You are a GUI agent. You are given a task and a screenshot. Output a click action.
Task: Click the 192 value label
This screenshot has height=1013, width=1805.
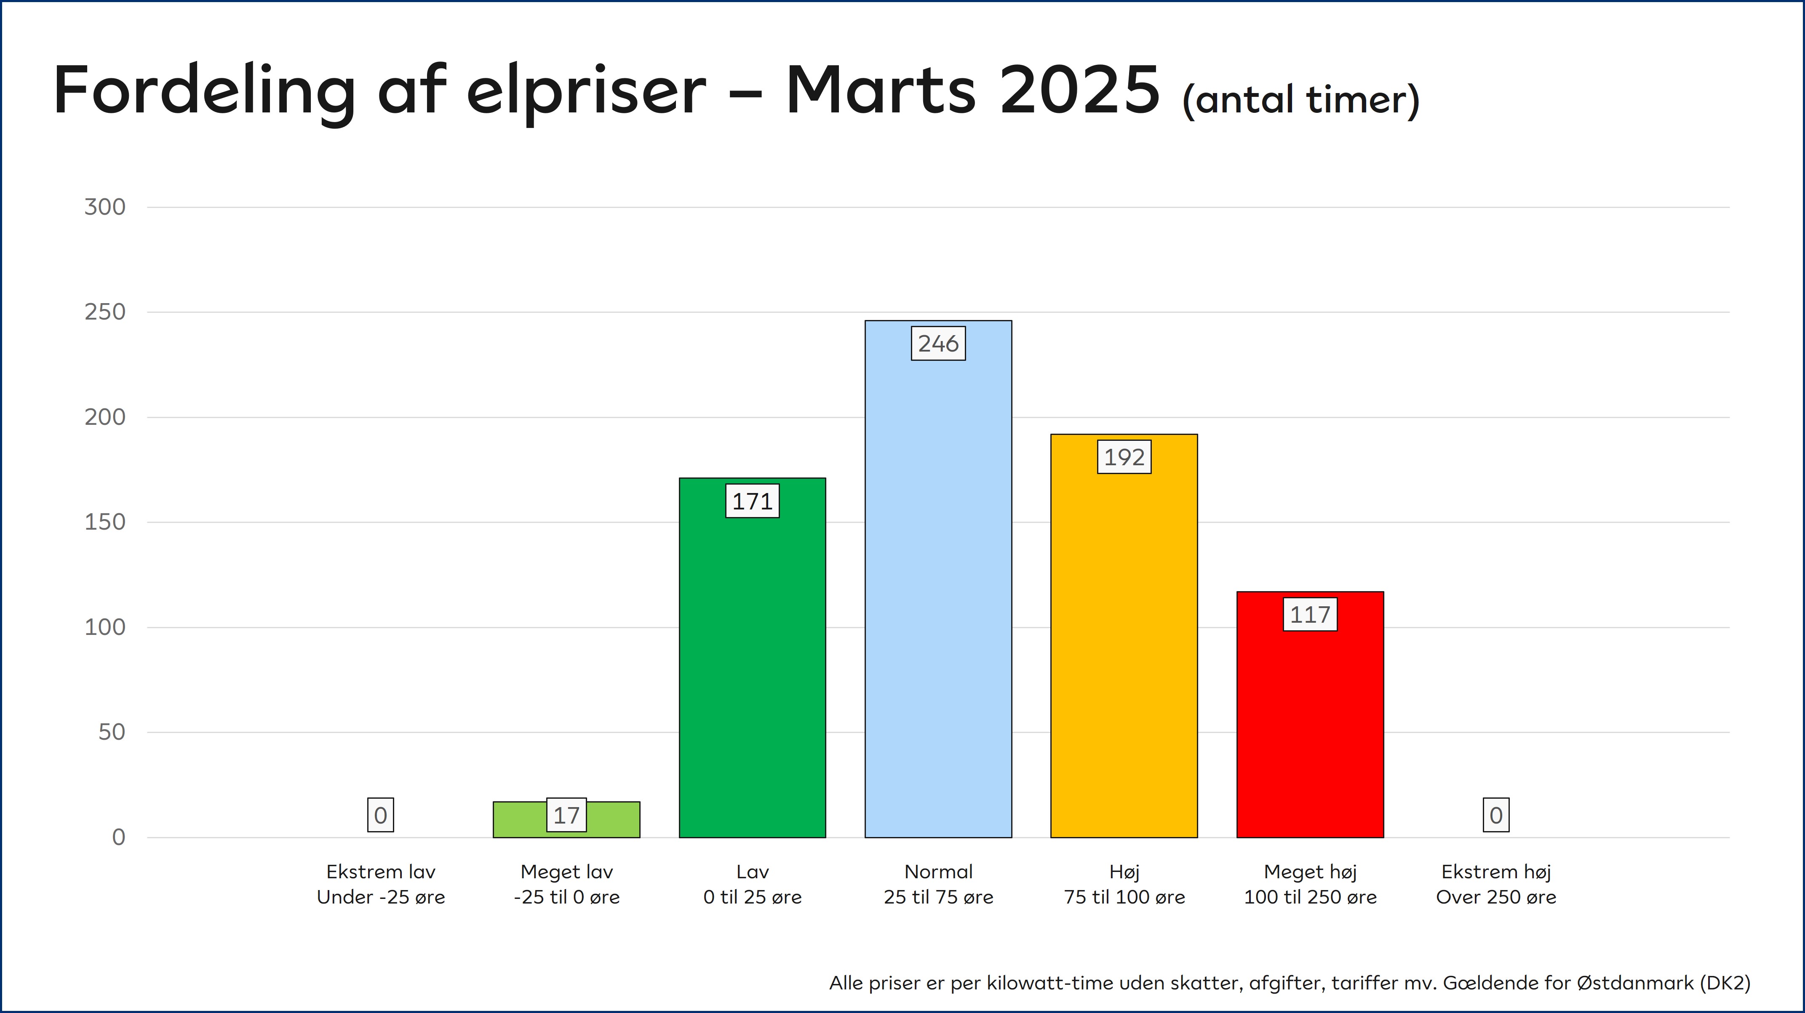click(1124, 457)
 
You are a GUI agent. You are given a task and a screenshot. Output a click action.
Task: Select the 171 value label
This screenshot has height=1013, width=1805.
click(752, 501)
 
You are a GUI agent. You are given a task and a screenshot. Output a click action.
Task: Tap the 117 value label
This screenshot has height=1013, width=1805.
click(1310, 614)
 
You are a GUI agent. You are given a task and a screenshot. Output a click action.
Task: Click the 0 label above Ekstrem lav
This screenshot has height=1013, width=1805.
click(380, 815)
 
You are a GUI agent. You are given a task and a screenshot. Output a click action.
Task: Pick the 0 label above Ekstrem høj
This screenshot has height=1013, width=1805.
click(1496, 815)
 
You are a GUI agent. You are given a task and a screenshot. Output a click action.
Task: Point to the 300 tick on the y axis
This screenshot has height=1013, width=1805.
click(105, 207)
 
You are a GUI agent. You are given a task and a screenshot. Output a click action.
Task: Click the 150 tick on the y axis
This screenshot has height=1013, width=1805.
click(105, 522)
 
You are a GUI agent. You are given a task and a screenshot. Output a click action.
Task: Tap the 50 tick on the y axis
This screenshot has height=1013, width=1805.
click(112, 732)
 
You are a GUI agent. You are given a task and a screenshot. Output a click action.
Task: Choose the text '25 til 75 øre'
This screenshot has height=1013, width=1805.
click(938, 897)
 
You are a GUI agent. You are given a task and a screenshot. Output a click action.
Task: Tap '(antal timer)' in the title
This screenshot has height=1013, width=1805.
click(1300, 99)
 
